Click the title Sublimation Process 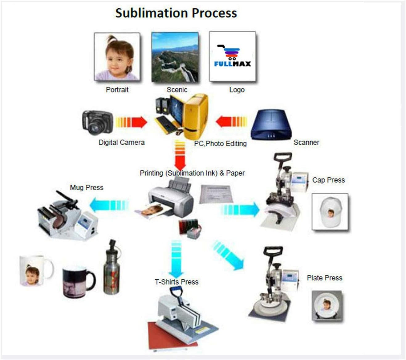(x=176, y=13)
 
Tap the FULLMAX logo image (x=233, y=56)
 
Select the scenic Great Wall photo (x=175, y=57)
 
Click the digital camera (x=97, y=123)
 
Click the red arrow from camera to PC (x=132, y=122)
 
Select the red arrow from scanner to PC (x=231, y=122)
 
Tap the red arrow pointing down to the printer (x=180, y=154)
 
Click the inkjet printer (x=171, y=198)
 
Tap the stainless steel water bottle (x=112, y=267)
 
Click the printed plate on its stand (x=327, y=305)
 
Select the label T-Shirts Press (x=177, y=282)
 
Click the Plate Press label (x=324, y=278)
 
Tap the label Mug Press (x=87, y=187)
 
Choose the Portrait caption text (x=117, y=90)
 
